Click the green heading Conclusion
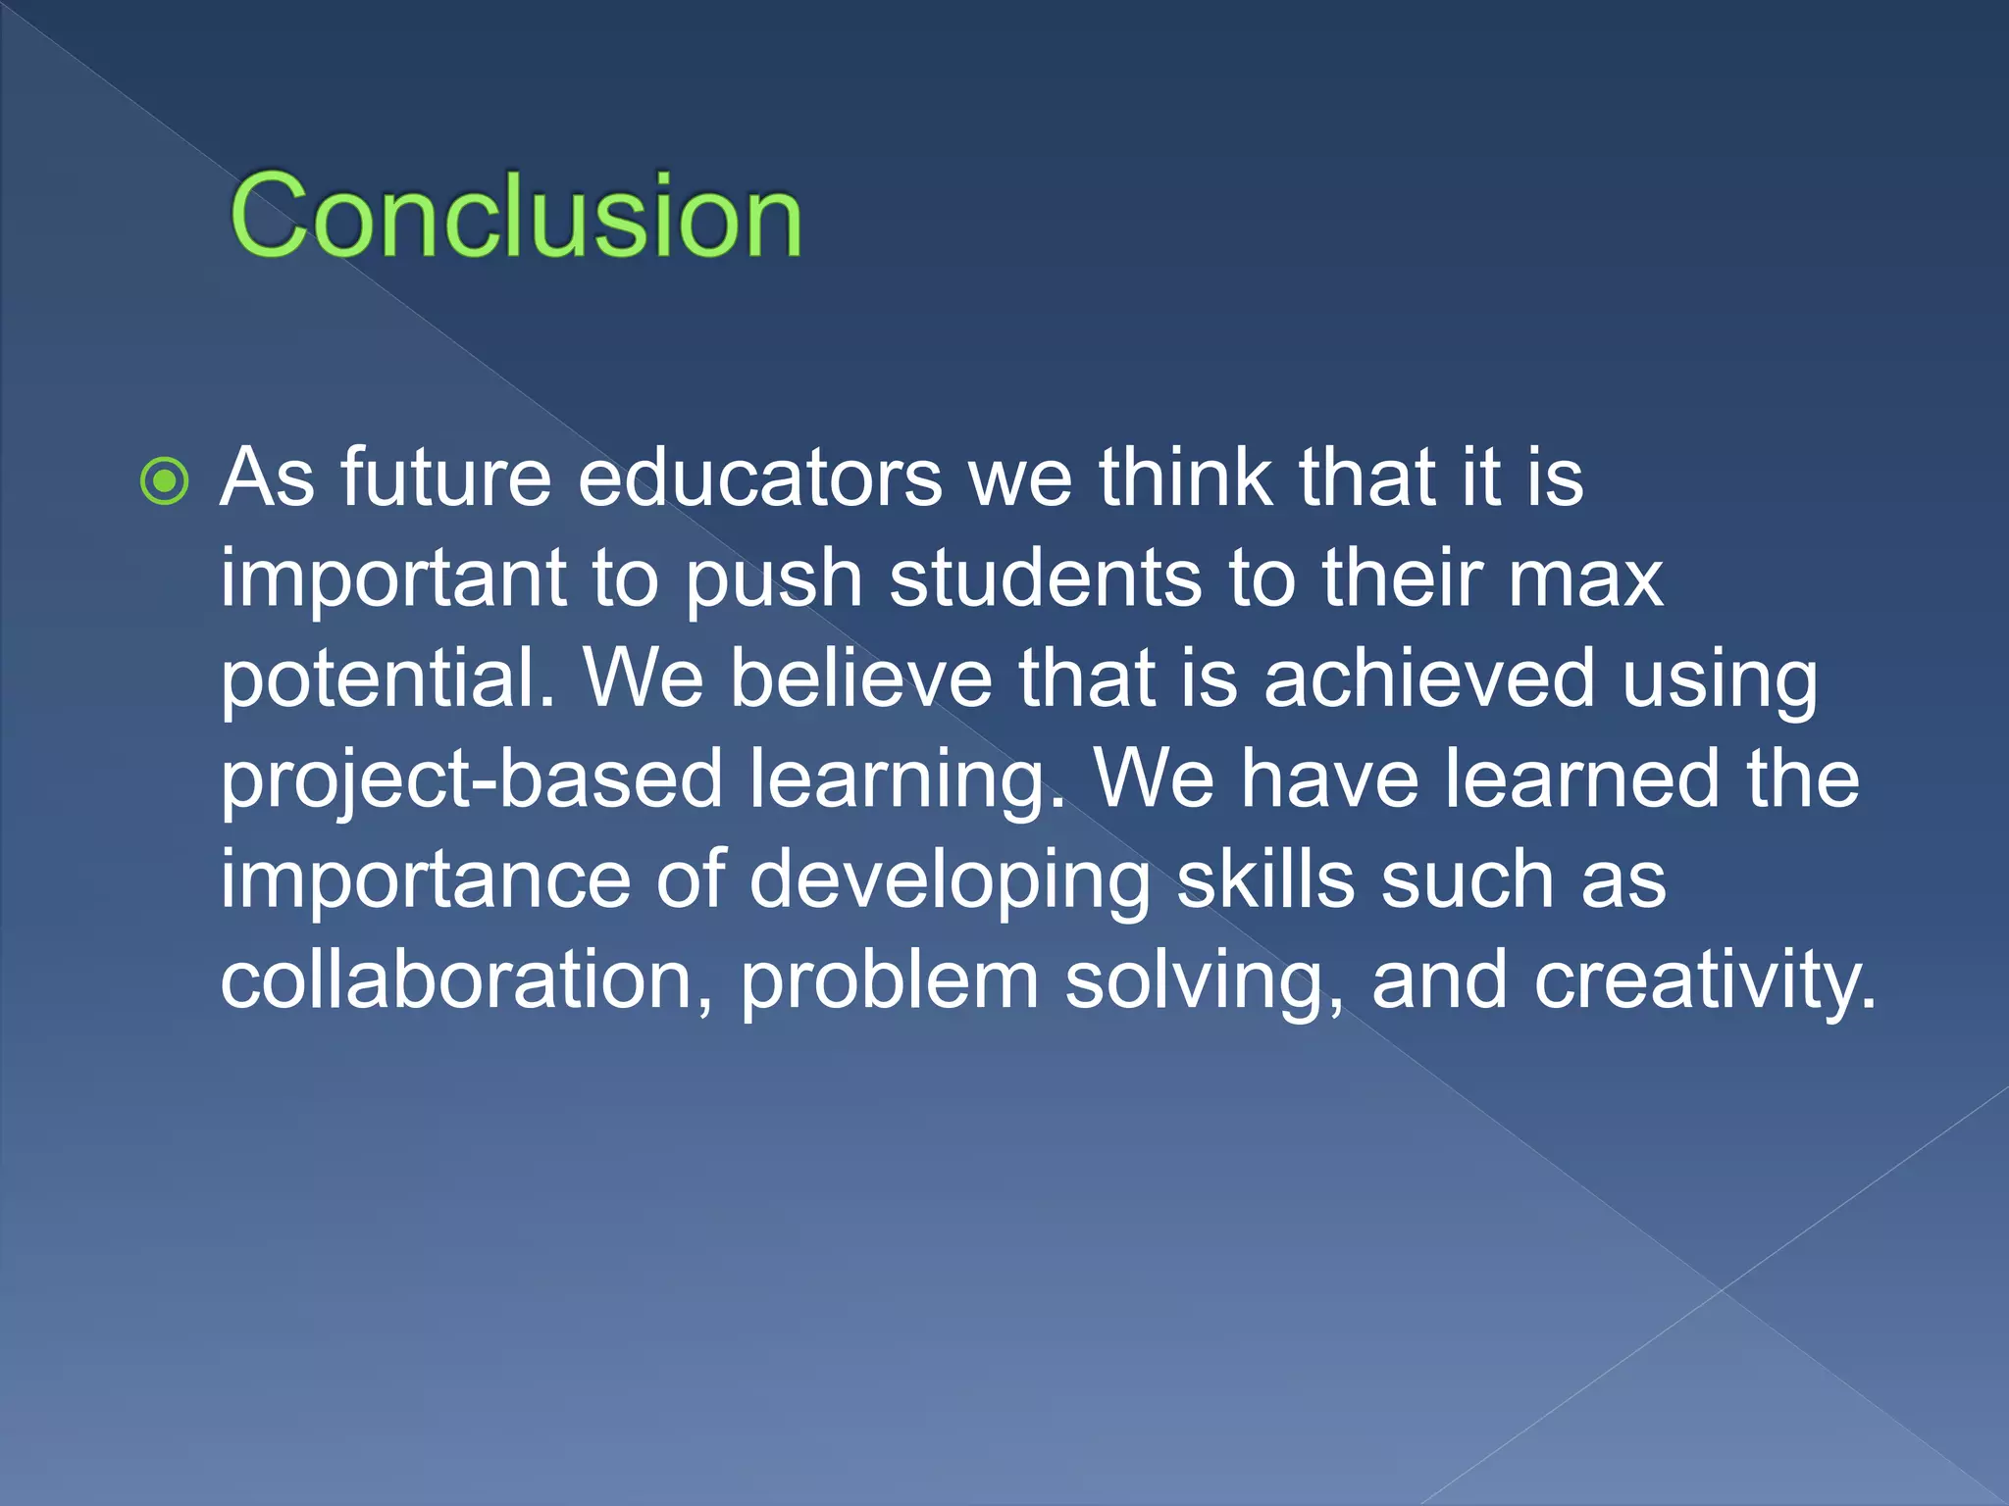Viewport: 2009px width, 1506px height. (516, 216)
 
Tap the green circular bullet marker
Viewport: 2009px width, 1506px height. (164, 481)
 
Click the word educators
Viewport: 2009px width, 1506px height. (760, 477)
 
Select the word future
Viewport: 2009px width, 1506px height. (446, 477)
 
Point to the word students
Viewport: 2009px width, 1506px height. (1046, 578)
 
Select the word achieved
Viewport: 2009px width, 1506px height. (1429, 678)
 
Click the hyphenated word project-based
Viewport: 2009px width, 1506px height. (472, 780)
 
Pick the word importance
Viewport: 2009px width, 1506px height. (425, 881)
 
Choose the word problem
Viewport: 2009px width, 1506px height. (889, 980)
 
